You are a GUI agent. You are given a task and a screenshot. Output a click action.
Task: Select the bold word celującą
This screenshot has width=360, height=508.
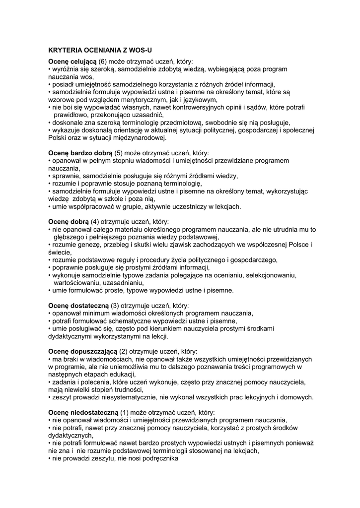coord(82,62)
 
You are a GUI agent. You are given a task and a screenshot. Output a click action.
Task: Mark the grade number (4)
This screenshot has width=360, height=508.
coord(96,222)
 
